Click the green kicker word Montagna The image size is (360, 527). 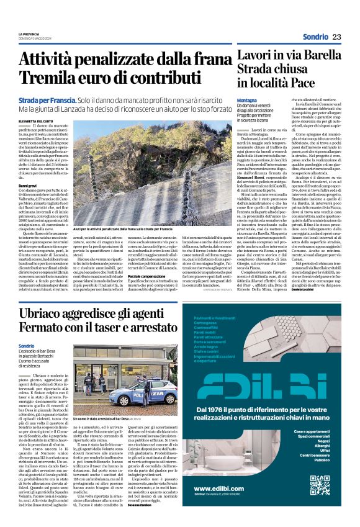[x=247, y=99]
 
